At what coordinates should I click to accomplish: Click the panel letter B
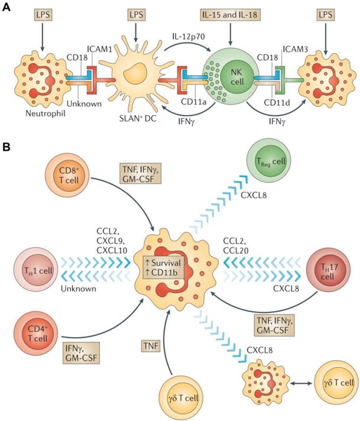7,144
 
